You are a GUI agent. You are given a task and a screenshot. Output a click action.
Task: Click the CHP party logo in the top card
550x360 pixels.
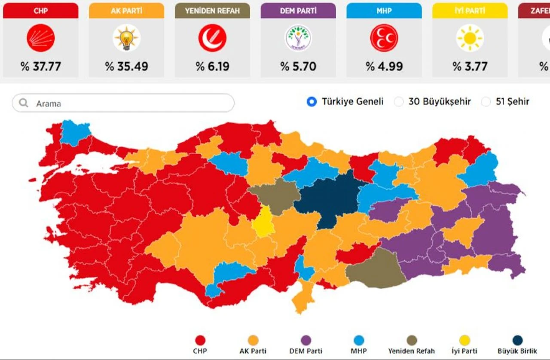pos(41,38)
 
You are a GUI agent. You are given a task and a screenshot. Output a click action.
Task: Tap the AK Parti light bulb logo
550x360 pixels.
pos(126,38)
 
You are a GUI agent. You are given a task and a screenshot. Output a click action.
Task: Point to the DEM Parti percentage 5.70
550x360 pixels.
pos(298,67)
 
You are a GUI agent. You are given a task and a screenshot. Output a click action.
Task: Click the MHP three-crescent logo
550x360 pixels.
pos(384,38)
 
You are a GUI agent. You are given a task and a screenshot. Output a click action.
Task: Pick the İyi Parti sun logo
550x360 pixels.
pos(470,38)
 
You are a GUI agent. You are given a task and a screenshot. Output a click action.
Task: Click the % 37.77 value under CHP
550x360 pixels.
pos(41,67)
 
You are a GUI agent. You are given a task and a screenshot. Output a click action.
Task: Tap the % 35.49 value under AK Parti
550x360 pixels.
pos(126,67)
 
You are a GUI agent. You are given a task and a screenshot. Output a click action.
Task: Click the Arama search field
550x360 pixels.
pos(129,104)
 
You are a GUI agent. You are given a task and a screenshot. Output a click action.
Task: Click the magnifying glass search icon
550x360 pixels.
pos(24,104)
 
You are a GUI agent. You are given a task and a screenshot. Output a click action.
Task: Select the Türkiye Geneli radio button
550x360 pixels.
pos(312,102)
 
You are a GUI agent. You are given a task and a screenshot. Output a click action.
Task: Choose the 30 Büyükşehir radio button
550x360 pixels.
pos(399,102)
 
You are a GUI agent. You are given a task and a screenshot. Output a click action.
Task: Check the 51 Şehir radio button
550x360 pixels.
pos(486,102)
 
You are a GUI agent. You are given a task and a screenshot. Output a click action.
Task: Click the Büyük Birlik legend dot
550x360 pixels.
pos(517,341)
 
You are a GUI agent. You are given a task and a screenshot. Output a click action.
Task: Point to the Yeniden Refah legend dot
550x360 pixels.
pos(411,341)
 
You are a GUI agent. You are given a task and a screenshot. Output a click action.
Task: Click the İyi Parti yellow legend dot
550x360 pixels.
pos(464,341)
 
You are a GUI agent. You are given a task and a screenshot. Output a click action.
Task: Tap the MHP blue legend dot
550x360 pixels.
pos(358,341)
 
